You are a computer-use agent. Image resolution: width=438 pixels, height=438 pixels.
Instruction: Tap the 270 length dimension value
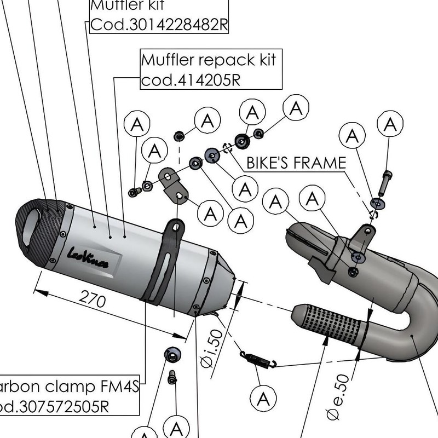tap(93, 299)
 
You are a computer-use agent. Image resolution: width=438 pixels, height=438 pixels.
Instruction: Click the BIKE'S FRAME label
tap(296, 163)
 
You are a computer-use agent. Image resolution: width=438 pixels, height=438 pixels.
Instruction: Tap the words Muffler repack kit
tap(209, 59)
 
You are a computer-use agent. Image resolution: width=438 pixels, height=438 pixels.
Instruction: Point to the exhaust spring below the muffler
tap(257, 359)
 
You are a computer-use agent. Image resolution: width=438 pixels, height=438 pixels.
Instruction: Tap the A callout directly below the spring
tap(262, 396)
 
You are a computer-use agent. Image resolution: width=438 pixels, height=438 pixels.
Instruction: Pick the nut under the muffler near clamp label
tap(171, 355)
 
